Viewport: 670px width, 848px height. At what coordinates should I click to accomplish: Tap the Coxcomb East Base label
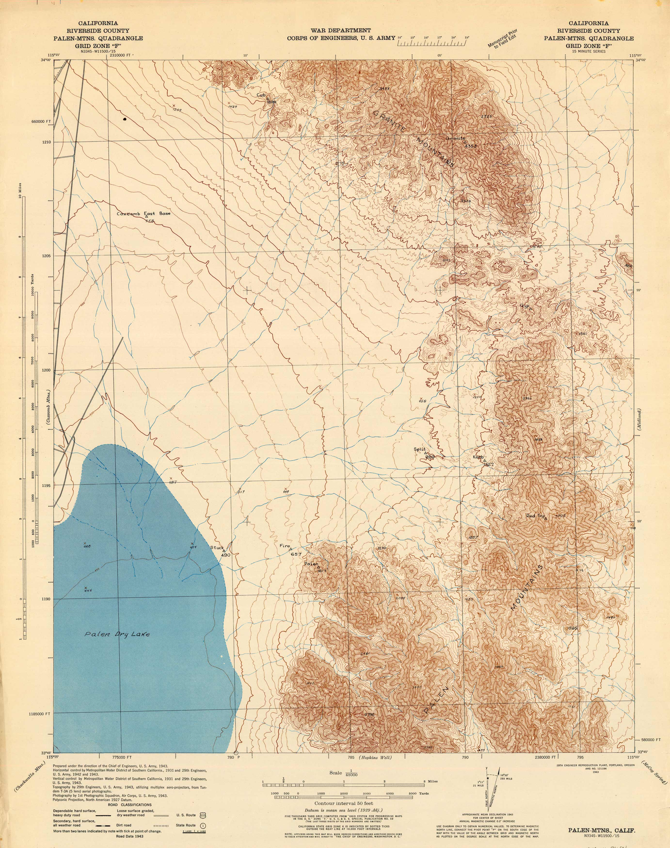click(x=144, y=214)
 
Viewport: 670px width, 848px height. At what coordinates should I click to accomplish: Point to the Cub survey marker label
click(x=261, y=95)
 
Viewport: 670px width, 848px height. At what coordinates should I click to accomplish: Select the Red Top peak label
click(x=536, y=516)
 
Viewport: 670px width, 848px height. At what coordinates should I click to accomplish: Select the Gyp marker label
click(x=525, y=306)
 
